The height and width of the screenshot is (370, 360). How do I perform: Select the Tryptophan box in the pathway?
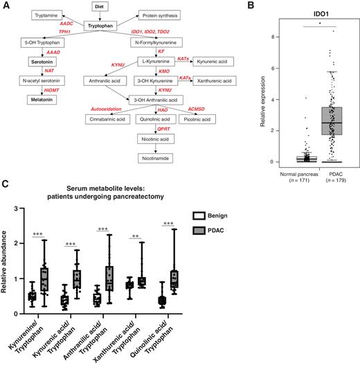[x=103, y=25]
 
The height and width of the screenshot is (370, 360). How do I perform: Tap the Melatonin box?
[x=42, y=99]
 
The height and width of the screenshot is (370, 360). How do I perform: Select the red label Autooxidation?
[x=105, y=108]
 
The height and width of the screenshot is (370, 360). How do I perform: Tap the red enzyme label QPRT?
[x=163, y=128]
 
